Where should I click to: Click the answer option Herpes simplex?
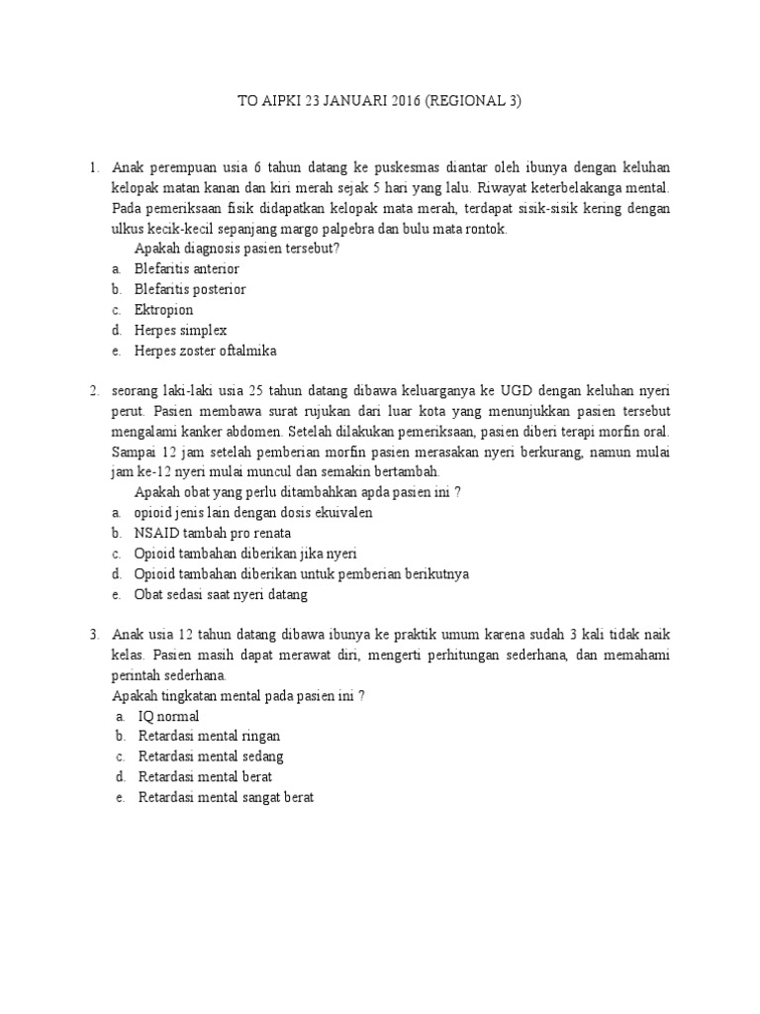[180, 330]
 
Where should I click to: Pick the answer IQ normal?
[168, 715]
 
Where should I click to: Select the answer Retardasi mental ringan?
[209, 736]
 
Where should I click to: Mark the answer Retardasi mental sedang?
[211, 757]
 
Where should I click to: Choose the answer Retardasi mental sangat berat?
[226, 797]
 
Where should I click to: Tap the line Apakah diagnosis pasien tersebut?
[237, 248]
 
